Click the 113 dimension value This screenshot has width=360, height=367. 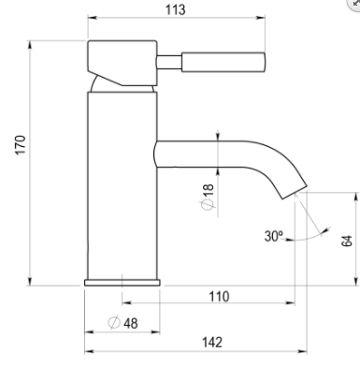tap(175, 9)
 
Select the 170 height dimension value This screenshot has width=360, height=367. tap(21, 145)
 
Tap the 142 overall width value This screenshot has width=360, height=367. tap(212, 343)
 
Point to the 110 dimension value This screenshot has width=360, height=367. tap(219, 297)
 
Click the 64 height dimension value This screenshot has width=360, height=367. tap(347, 241)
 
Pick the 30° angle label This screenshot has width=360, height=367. tap(274, 236)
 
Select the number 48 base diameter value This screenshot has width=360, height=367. tap(131, 323)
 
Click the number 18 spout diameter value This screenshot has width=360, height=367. tap(208, 190)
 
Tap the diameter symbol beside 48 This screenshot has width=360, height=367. tap(114, 323)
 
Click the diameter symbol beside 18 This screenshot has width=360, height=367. tap(208, 204)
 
